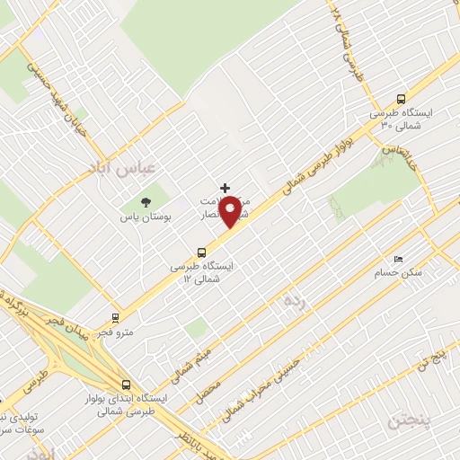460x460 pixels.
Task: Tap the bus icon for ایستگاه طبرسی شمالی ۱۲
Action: point(201,253)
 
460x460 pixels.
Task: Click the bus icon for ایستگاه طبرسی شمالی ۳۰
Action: point(401,101)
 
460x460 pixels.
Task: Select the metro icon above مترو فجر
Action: point(114,318)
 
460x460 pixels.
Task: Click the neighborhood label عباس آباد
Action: point(109,167)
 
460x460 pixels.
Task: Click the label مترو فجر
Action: point(117,333)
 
